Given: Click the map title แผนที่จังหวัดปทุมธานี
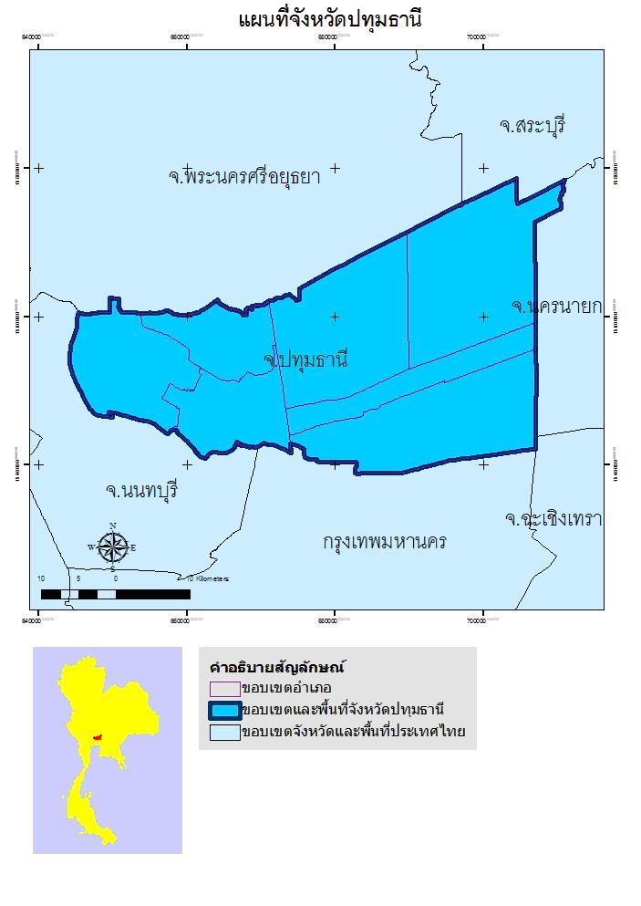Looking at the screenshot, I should coord(329,19).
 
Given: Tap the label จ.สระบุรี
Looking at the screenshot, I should coord(532,126).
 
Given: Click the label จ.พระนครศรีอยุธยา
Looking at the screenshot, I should coord(244,176).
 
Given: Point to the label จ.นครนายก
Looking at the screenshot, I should coord(556,307).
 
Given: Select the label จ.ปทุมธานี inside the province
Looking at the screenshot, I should coord(305,359).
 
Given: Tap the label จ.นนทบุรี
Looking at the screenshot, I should coord(141,491).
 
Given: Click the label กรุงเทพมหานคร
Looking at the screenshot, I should coord(385,542).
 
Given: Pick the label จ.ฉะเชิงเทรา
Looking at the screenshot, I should coord(553,519).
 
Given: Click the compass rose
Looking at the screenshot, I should coord(112,547).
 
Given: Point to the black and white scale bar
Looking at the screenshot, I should coord(115,594).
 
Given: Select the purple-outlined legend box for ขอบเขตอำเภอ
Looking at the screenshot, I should coord(224,688).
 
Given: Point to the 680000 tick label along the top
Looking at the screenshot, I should coord(334,36).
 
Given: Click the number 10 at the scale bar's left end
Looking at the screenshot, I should coord(41,578).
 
